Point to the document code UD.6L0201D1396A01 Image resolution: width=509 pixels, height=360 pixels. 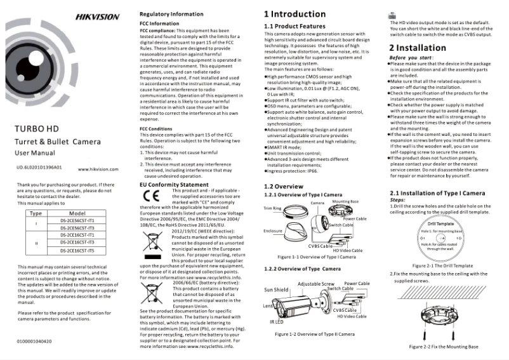pos(39,168)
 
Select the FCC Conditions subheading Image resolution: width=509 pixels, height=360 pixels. pos(155,129)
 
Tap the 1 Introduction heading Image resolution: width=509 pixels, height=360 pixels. pos(294,14)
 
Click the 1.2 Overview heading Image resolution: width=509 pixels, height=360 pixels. pos(283,186)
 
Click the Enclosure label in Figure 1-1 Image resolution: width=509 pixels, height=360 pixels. pos(273,232)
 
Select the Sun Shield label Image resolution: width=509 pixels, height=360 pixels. pos(275,288)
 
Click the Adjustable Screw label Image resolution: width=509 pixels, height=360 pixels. pos(315,284)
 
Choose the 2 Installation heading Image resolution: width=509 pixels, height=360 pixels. pos(417,48)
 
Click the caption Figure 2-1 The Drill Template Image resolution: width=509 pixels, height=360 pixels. pos(442,265)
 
